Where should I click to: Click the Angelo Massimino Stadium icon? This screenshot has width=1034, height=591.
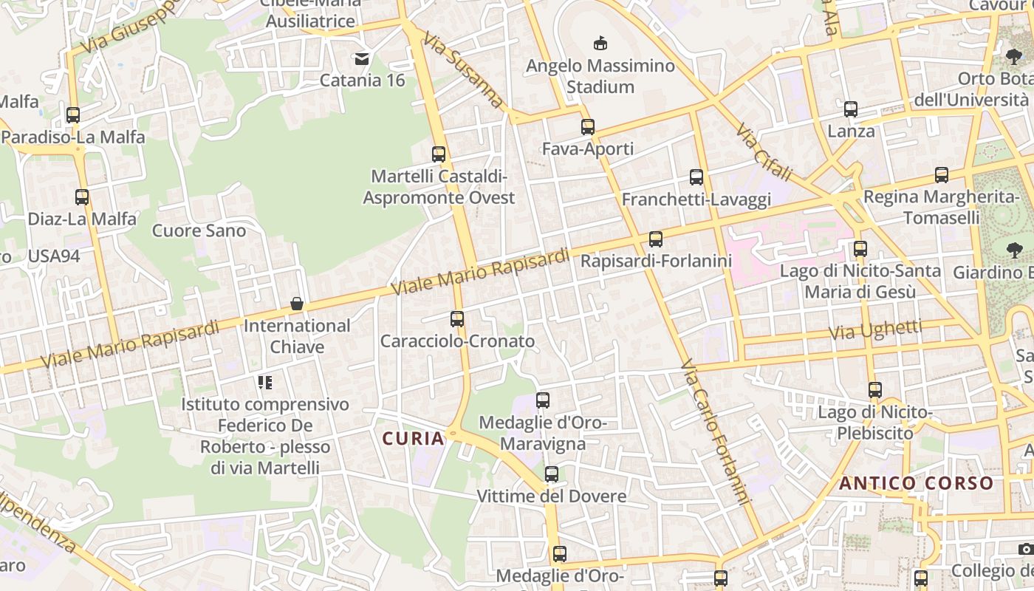600,44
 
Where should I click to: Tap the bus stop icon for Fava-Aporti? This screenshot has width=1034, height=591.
588,127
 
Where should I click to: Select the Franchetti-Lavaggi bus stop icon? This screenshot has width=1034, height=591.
696,177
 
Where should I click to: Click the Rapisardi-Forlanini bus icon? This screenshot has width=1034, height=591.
656,239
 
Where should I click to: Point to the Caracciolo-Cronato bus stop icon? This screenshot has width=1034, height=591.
457,319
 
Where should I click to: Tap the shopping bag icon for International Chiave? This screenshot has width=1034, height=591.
297,304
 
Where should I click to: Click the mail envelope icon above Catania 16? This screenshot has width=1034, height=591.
362,58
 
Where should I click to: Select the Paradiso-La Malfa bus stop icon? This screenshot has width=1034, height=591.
73,115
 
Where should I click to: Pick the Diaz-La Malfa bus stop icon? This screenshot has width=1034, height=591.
82,197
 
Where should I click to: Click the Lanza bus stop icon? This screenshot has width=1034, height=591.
851,109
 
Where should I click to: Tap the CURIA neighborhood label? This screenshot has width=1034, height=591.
414,439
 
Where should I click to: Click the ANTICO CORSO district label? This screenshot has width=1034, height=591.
917,484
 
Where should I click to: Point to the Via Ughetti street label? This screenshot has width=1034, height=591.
875,330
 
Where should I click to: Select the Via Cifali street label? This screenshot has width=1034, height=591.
764,152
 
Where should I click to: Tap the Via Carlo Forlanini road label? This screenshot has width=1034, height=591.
715,432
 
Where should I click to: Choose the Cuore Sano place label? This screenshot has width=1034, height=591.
199,230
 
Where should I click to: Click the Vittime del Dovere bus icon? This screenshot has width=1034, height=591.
552,474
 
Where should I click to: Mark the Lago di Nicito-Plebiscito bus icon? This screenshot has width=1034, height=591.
875,390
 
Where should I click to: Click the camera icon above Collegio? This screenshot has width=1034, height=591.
1025,549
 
